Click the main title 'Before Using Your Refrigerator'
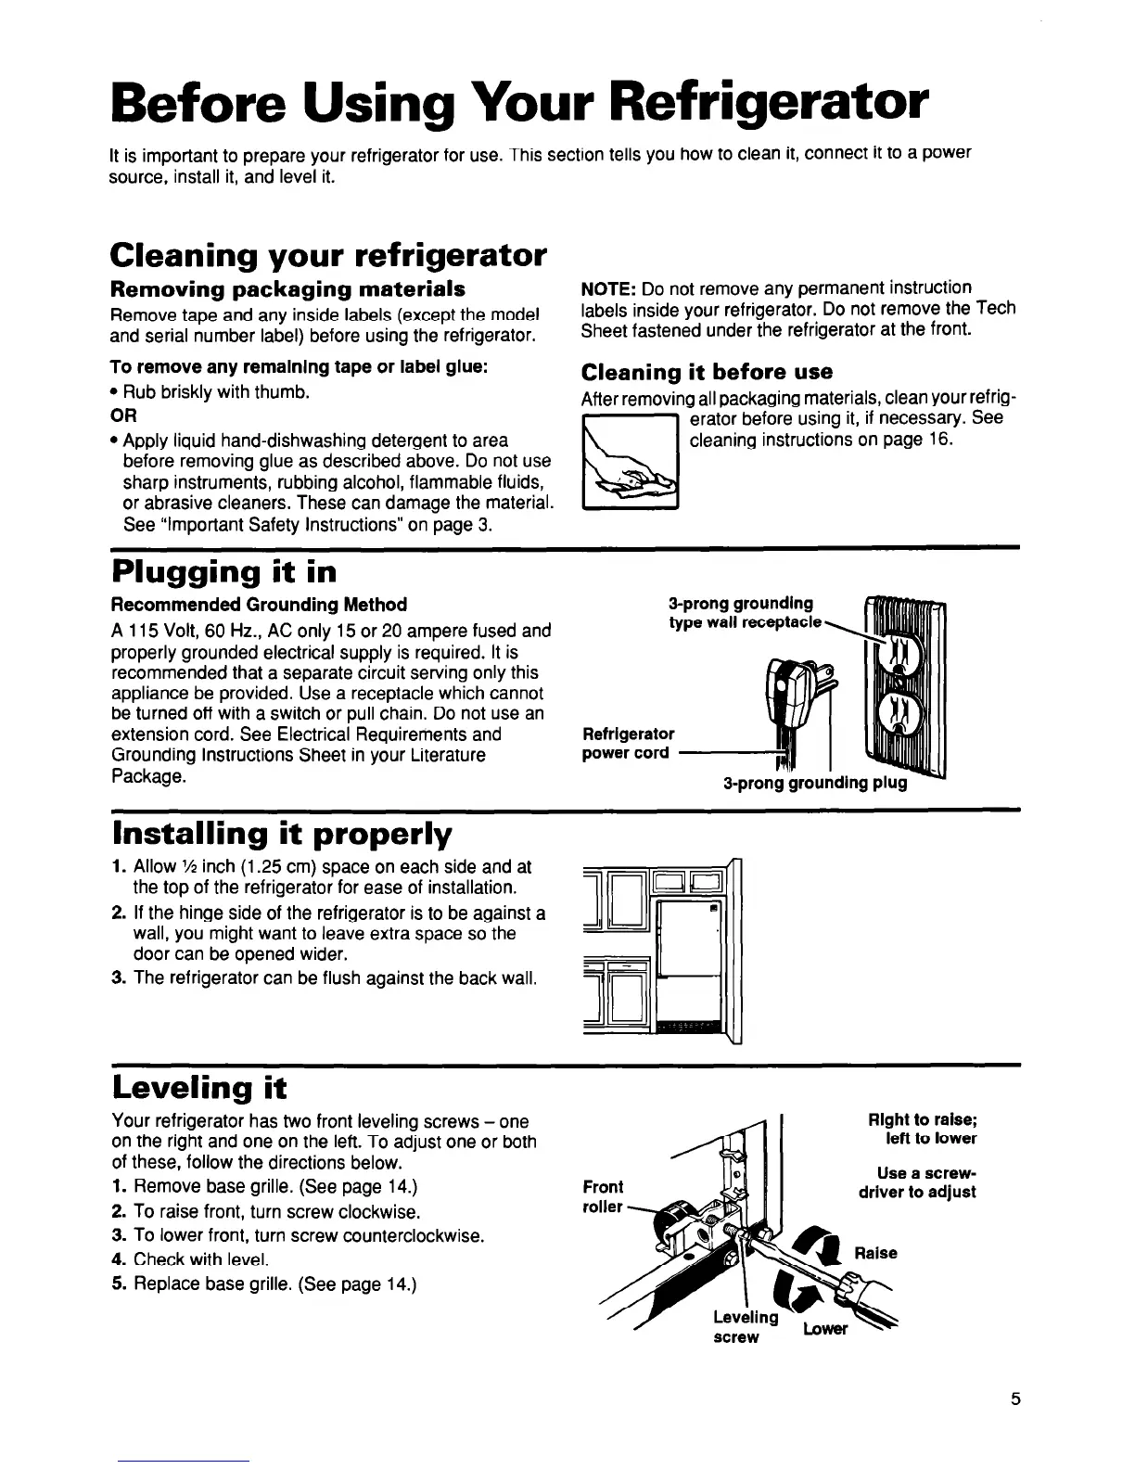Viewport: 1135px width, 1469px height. point(518,105)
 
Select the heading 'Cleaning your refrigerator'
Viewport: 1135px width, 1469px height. point(326,253)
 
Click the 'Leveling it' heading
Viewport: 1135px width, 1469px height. point(198,1086)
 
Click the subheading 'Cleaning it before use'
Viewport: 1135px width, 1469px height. point(707,372)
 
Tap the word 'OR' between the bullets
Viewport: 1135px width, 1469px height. point(123,415)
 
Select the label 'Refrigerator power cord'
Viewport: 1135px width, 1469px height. point(628,743)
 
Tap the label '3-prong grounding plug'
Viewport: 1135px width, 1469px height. point(814,783)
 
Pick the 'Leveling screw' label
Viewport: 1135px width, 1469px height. point(745,1326)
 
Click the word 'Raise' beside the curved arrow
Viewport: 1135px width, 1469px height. point(876,1253)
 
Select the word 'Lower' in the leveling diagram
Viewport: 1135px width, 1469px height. point(824,1329)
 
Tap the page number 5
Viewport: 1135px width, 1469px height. point(1015,1399)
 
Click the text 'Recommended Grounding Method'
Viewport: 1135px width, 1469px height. point(259,605)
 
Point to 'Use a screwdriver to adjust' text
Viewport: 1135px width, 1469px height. point(918,1182)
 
